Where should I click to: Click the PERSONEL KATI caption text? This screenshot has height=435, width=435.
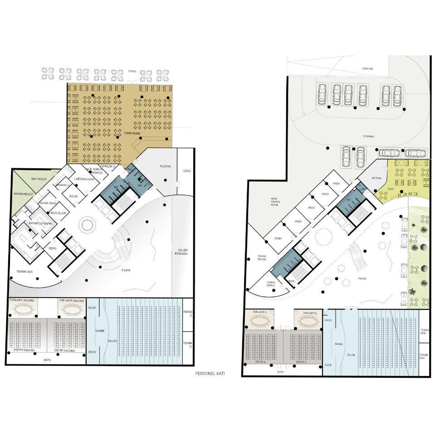pyautogui.click(x=210, y=374)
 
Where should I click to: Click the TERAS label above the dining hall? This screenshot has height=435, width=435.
pyautogui.click(x=132, y=71)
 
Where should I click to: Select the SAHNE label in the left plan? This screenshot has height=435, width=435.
pyautogui.click(x=100, y=331)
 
